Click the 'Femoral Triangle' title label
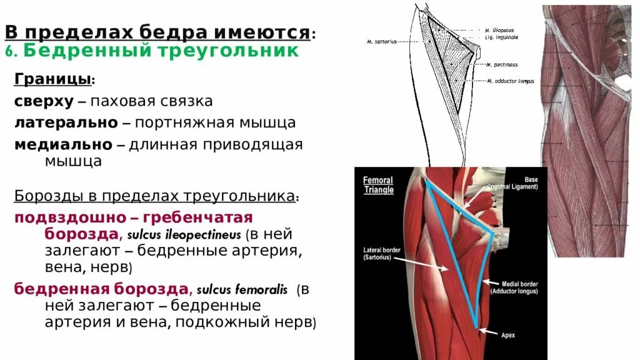pos(378,185)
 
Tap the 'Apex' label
pos(508,335)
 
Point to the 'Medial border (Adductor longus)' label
pos(514,287)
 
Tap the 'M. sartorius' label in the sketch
pos(378,42)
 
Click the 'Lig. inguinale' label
pos(501,37)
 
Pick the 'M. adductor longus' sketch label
pos(511,81)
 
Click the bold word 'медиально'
pos(63,144)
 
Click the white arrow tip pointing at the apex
pos(480,330)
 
